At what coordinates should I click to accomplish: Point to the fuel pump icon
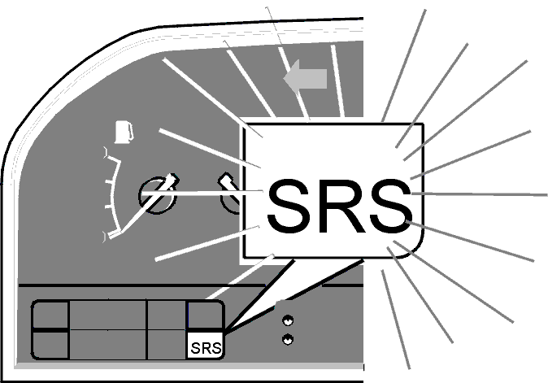pos(124,132)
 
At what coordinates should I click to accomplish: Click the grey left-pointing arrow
pos(305,79)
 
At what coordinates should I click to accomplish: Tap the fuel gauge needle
pos(143,207)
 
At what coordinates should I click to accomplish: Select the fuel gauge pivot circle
pos(157,195)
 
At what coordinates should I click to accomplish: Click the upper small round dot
pos(288,320)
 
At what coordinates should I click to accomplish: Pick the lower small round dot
pos(288,339)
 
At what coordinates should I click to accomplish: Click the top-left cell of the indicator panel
pos(50,315)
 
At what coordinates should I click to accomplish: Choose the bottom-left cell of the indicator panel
pos(50,345)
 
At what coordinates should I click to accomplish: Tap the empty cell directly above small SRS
pos(205,315)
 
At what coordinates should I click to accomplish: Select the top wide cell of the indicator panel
pos(107,315)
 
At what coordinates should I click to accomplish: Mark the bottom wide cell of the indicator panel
pos(107,344)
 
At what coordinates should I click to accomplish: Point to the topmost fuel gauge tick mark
pos(106,152)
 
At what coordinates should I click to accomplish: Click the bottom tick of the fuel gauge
pos(105,237)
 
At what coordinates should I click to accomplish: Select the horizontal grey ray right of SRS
pos(480,194)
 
